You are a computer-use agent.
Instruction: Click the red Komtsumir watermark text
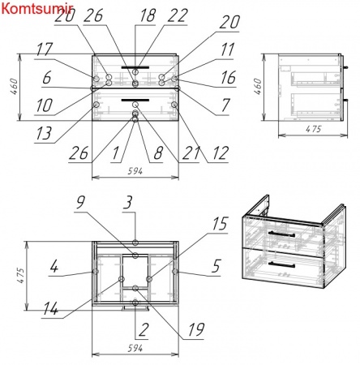coord(36,8)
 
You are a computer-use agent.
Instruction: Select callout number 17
coord(44,49)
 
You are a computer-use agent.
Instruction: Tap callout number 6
coord(47,78)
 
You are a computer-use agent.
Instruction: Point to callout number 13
coord(44,133)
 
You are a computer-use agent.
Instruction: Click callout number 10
coord(44,105)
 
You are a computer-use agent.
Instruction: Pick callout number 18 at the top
coord(148,15)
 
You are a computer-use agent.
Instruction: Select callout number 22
coord(178,15)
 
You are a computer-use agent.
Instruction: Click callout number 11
coord(227,49)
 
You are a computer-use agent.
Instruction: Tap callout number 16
coord(229,78)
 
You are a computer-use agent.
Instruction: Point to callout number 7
coord(225,105)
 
